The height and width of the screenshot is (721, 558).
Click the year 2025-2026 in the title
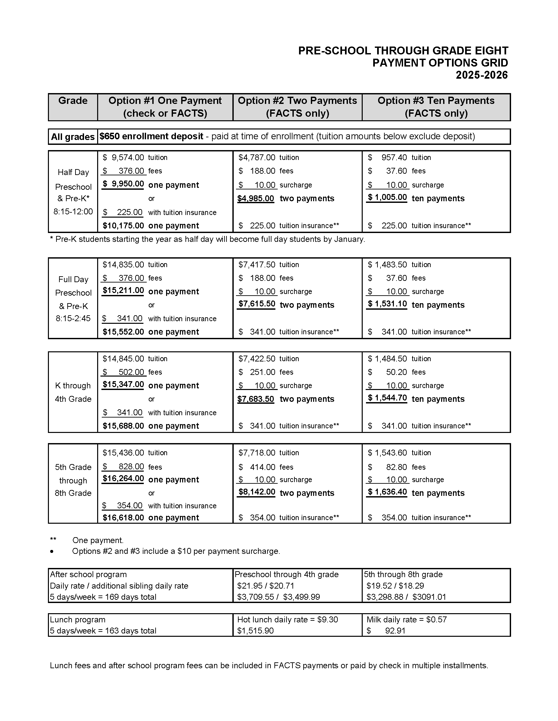click(x=481, y=75)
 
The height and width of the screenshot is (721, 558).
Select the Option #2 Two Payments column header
click(x=297, y=107)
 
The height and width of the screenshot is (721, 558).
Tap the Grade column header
click(x=73, y=101)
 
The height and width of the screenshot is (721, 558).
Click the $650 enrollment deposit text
click(x=151, y=136)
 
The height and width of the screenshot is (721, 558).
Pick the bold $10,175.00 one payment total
click(x=123, y=226)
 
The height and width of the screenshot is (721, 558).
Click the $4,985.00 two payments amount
click(x=255, y=199)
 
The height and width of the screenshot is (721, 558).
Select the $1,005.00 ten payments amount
click(x=387, y=197)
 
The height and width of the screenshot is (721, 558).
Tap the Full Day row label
click(x=73, y=280)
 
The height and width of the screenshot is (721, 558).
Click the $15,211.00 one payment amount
click(x=123, y=290)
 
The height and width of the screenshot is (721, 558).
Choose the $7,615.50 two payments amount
click(x=257, y=304)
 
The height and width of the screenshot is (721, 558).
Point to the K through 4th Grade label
click(x=73, y=392)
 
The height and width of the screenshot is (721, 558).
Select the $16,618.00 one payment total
click(x=123, y=517)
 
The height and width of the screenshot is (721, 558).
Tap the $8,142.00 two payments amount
click(x=257, y=492)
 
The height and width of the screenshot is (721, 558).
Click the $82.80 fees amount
click(x=396, y=467)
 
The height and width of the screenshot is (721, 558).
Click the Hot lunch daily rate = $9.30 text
click(x=287, y=620)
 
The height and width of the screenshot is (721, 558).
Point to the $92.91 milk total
click(x=395, y=631)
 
